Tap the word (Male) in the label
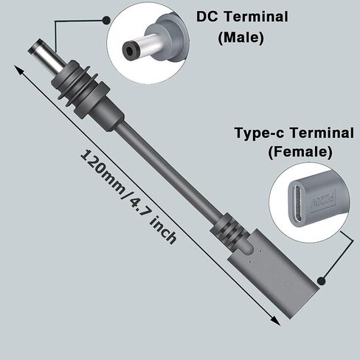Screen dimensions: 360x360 (x=240, y=38)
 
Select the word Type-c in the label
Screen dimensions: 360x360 (x=260, y=133)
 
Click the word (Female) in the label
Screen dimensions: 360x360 (x=300, y=152)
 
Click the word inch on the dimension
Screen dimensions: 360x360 (x=163, y=231)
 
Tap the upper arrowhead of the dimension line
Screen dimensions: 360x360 (x=19, y=70)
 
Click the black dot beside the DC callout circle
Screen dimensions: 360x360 (x=106, y=21)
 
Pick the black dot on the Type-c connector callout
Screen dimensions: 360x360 (x=321, y=280)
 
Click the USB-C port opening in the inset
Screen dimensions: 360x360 (x=299, y=203)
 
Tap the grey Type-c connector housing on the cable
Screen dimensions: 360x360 (x=273, y=274)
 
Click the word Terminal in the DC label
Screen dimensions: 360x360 (x=256, y=16)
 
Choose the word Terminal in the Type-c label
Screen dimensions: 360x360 (x=322, y=133)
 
